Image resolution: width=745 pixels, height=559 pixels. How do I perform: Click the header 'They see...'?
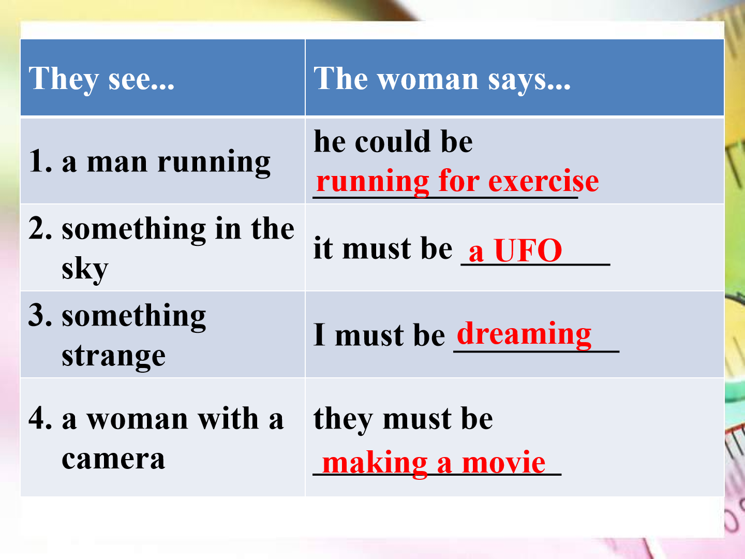[x=101, y=79]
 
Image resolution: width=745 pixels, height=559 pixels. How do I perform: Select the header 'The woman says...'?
[x=442, y=79]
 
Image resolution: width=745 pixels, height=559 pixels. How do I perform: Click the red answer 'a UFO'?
[x=515, y=251]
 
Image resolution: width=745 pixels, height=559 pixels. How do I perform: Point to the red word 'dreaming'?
[x=524, y=335]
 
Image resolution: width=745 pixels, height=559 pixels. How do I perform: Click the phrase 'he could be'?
[x=393, y=141]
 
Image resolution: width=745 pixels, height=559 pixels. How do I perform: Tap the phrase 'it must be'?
[x=382, y=248]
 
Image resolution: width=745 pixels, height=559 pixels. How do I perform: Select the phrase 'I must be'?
[x=379, y=335]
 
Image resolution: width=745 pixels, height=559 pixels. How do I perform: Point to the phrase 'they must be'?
[x=403, y=419]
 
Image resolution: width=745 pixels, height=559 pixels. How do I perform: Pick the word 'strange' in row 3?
[x=113, y=357]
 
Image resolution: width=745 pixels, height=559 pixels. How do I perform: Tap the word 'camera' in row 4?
[x=113, y=460]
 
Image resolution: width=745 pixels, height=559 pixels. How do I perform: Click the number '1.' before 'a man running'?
[x=40, y=161]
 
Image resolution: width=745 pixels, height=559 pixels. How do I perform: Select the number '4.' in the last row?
[x=40, y=418]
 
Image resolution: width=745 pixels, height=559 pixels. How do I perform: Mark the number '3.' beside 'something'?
[x=40, y=315]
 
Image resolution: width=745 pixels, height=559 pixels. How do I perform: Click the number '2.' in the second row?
[x=40, y=228]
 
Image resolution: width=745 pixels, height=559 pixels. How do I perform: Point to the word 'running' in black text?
[x=214, y=163]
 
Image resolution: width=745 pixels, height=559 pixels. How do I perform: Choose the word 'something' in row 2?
[x=133, y=230]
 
